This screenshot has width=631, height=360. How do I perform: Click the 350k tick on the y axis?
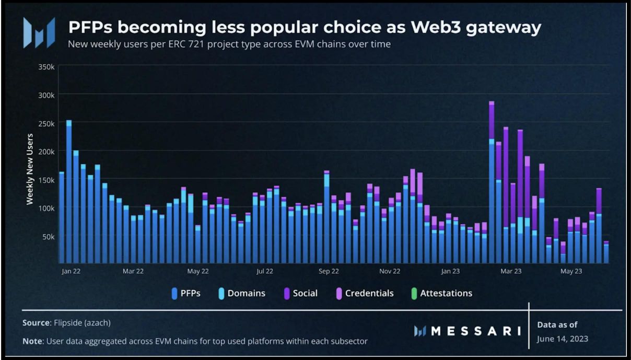pos(46,66)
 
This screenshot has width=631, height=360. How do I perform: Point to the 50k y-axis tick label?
pos(48,236)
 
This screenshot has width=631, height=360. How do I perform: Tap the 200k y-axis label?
pos(46,151)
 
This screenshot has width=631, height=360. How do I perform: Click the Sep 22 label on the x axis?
pos(329,271)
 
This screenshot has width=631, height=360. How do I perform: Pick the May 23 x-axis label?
pos(571,271)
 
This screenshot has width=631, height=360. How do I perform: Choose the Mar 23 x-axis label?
pos(511,271)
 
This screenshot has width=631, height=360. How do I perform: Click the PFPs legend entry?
pos(186,293)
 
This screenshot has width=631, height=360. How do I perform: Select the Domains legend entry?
pos(241,293)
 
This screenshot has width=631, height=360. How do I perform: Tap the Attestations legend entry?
pos(441,293)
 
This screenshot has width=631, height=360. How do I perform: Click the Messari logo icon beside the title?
pos(39,32)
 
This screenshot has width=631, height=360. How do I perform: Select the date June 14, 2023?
pos(563,339)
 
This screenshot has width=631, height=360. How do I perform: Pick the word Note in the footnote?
pos(32,341)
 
